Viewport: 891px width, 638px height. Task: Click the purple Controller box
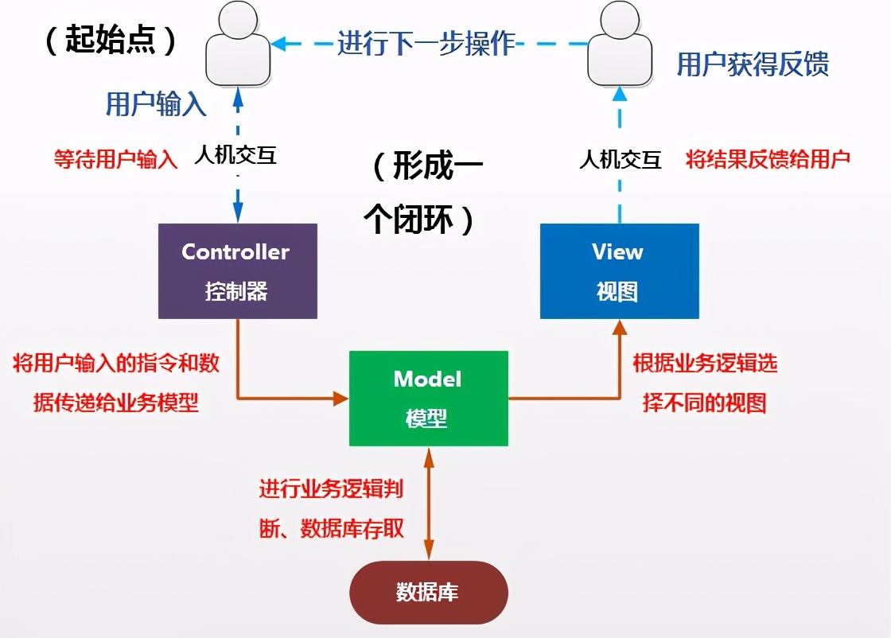click(x=238, y=271)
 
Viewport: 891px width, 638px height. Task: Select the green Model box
click(x=429, y=399)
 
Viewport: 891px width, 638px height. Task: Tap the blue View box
click(x=620, y=271)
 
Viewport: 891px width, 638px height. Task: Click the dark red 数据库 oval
click(x=429, y=593)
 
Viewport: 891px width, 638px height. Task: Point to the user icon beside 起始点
click(x=238, y=45)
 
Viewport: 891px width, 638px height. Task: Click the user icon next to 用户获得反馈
click(x=620, y=45)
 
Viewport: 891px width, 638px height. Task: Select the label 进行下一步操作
click(x=426, y=43)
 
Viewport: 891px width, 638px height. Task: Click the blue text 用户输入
click(x=156, y=104)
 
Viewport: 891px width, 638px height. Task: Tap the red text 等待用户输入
click(x=116, y=159)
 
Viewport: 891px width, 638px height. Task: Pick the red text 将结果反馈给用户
click(x=768, y=159)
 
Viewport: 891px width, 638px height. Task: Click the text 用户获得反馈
click(x=753, y=64)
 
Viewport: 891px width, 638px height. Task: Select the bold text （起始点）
click(x=111, y=40)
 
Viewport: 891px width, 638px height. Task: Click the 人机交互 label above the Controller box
click(x=235, y=155)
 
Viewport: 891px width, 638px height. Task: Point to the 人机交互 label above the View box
click(x=621, y=160)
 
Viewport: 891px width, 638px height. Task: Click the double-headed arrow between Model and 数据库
click(x=429, y=504)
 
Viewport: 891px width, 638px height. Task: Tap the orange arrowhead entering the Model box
click(x=341, y=399)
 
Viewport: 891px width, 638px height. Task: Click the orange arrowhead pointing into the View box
click(x=620, y=327)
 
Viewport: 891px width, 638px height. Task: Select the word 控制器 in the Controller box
click(x=236, y=291)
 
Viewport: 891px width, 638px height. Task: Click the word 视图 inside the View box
click(x=617, y=292)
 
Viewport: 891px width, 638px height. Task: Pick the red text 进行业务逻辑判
click(x=331, y=488)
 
